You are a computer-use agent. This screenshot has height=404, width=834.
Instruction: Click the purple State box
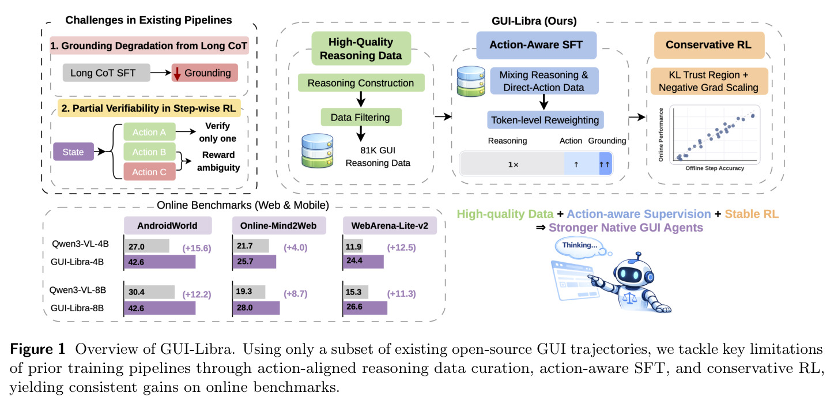(x=73, y=152)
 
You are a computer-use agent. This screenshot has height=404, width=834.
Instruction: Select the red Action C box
(x=149, y=172)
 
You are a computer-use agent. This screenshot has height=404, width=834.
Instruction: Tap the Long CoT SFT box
(x=106, y=73)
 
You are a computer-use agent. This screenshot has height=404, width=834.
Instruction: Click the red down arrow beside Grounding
(x=177, y=74)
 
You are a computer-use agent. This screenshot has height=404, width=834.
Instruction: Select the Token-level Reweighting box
(x=545, y=120)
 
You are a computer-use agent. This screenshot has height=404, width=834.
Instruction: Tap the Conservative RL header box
(x=710, y=45)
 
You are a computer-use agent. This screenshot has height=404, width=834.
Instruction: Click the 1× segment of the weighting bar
(x=513, y=164)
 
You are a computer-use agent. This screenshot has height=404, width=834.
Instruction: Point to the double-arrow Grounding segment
(x=605, y=164)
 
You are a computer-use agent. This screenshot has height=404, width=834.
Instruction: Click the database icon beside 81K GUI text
(x=317, y=151)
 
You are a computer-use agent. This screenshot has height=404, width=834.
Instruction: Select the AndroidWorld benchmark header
(x=168, y=226)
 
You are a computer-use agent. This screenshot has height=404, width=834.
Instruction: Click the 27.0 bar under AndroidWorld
(x=147, y=246)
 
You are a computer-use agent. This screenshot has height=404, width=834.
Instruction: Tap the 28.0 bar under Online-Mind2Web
(x=256, y=308)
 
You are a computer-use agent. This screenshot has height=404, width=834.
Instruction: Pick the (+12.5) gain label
(x=401, y=247)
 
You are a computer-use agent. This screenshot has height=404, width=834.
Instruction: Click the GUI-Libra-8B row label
(x=77, y=308)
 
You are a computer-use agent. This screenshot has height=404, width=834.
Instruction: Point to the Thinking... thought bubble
(x=580, y=247)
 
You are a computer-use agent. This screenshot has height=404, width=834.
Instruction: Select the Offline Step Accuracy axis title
(x=715, y=168)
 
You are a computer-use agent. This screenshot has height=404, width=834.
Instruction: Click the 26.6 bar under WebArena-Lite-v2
(x=365, y=308)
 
